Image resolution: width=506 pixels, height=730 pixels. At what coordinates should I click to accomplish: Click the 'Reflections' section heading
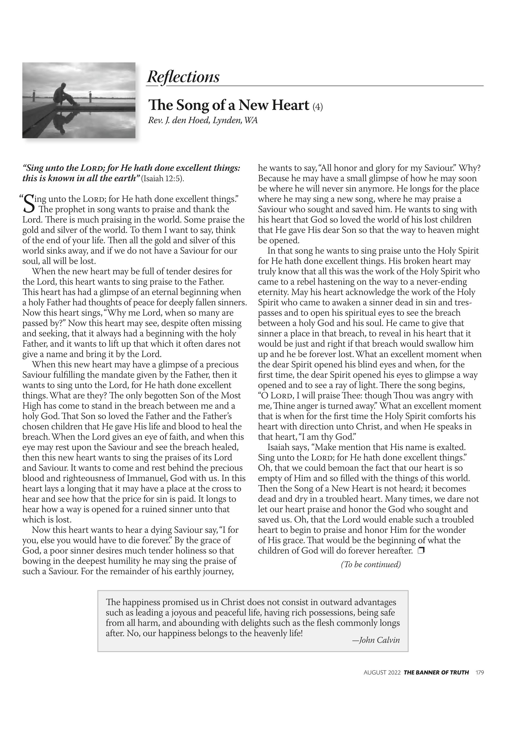pos(183,77)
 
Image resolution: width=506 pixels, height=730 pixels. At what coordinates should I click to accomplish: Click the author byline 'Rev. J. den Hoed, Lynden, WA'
pos(203,120)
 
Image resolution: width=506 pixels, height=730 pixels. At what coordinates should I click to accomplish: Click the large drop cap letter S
pos(29,204)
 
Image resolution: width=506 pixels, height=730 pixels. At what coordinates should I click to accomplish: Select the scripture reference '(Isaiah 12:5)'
pos(163,178)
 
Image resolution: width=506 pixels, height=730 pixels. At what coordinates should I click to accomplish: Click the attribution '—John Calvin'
pos(376,640)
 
